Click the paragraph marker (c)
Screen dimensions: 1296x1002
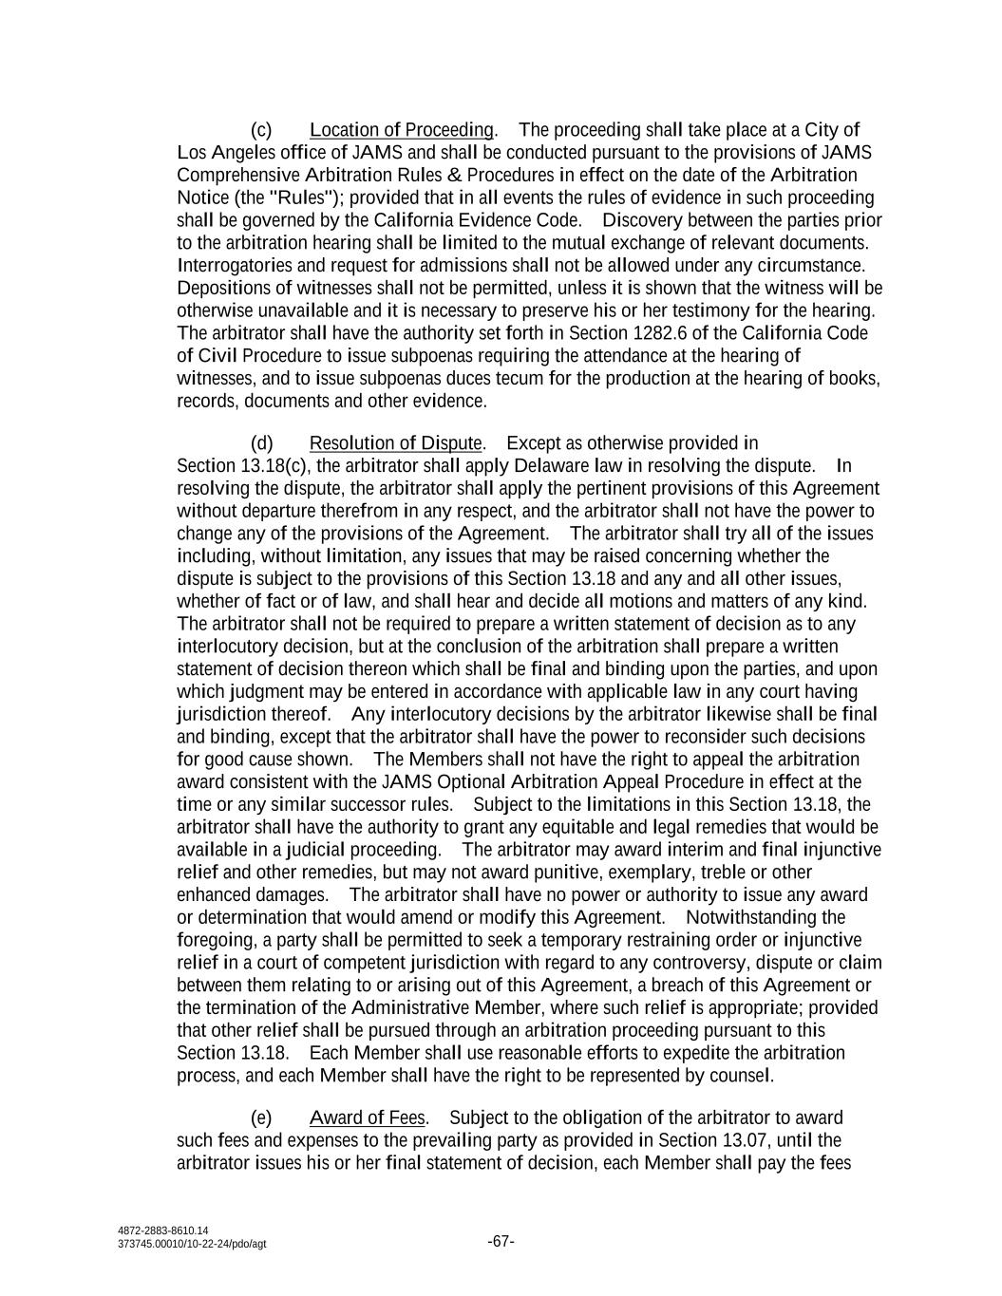pos(261,130)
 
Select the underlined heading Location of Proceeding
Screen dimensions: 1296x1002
pos(402,130)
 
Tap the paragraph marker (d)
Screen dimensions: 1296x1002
pos(261,443)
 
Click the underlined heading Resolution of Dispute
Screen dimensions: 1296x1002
pos(396,443)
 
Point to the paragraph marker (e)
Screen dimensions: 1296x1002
pos(261,1118)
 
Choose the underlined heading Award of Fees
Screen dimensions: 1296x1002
pos(368,1118)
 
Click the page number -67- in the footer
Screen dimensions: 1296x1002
pos(501,1241)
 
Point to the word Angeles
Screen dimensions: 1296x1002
pos(240,153)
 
